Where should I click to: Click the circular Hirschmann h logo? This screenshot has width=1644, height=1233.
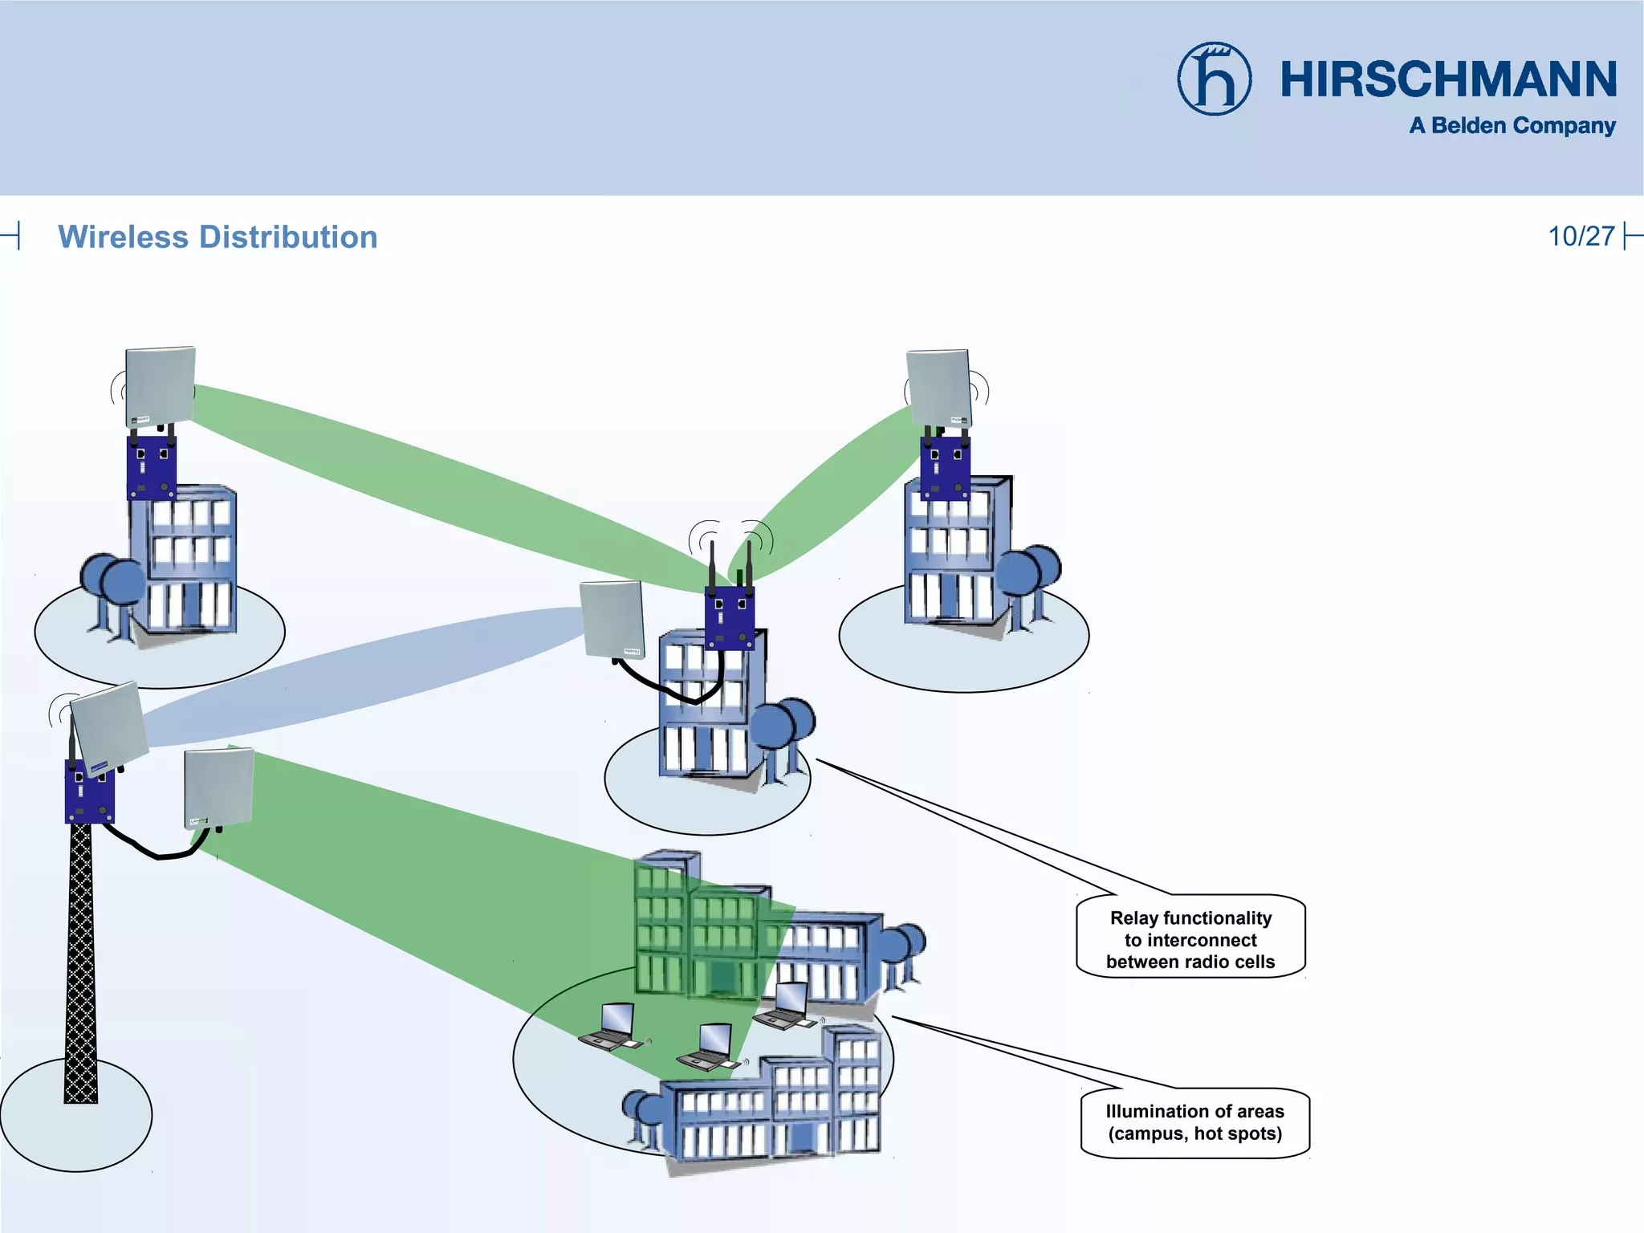coord(1214,79)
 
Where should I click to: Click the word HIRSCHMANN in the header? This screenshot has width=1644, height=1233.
coord(1448,79)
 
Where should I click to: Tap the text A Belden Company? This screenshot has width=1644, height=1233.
coord(1512,126)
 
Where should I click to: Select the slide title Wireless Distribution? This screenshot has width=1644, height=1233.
coord(218,237)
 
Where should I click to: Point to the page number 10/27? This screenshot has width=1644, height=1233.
coord(1581,236)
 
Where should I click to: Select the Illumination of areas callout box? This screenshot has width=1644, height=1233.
coord(1194,1122)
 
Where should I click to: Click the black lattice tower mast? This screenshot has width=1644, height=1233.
coord(80,963)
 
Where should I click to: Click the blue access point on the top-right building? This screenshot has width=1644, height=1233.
coord(945,467)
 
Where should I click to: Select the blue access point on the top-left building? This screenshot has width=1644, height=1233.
coord(152,468)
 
